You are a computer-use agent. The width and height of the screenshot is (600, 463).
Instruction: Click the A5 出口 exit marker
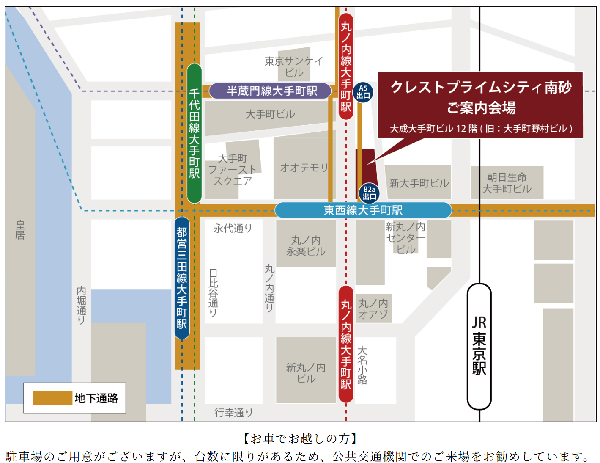tap(363, 92)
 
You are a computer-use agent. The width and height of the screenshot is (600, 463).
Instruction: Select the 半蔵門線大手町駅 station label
tap(271, 91)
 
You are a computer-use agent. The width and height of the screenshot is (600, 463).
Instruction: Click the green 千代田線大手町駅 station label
tap(195, 133)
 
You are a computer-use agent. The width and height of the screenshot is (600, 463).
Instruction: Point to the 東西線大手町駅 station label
tap(363, 210)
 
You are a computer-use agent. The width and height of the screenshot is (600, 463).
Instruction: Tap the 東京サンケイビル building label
tap(294, 67)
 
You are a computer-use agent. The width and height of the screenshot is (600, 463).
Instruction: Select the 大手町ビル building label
tap(270, 114)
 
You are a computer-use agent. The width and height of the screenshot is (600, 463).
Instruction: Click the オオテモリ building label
tap(304, 168)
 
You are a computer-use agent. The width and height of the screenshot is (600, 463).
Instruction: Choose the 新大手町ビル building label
tap(419, 183)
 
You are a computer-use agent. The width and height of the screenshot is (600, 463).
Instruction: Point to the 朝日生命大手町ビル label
tap(507, 183)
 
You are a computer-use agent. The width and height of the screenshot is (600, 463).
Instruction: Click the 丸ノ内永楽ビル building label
tap(306, 246)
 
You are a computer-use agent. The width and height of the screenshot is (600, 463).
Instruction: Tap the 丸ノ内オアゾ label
tap(373, 309)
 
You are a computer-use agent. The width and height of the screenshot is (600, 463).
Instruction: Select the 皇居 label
tap(20, 230)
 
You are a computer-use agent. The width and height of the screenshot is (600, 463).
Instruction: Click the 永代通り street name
tap(233, 229)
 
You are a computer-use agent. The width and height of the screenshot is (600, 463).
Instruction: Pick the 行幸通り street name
tap(233, 413)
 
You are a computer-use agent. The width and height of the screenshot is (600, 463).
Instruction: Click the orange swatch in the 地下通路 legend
tap(52, 398)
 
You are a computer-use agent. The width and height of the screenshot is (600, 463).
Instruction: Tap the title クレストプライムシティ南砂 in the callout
tap(481, 87)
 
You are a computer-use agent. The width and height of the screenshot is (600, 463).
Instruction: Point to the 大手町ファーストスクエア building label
tap(233, 170)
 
